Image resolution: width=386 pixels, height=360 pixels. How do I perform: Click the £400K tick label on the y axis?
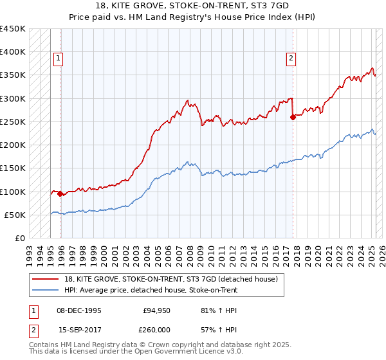pos(13,52)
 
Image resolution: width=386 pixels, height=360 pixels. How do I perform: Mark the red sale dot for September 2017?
pos(293,117)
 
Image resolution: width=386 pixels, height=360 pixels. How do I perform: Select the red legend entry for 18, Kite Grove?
pos(170,279)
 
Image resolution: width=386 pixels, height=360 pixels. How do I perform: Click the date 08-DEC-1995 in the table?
pos(80,311)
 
